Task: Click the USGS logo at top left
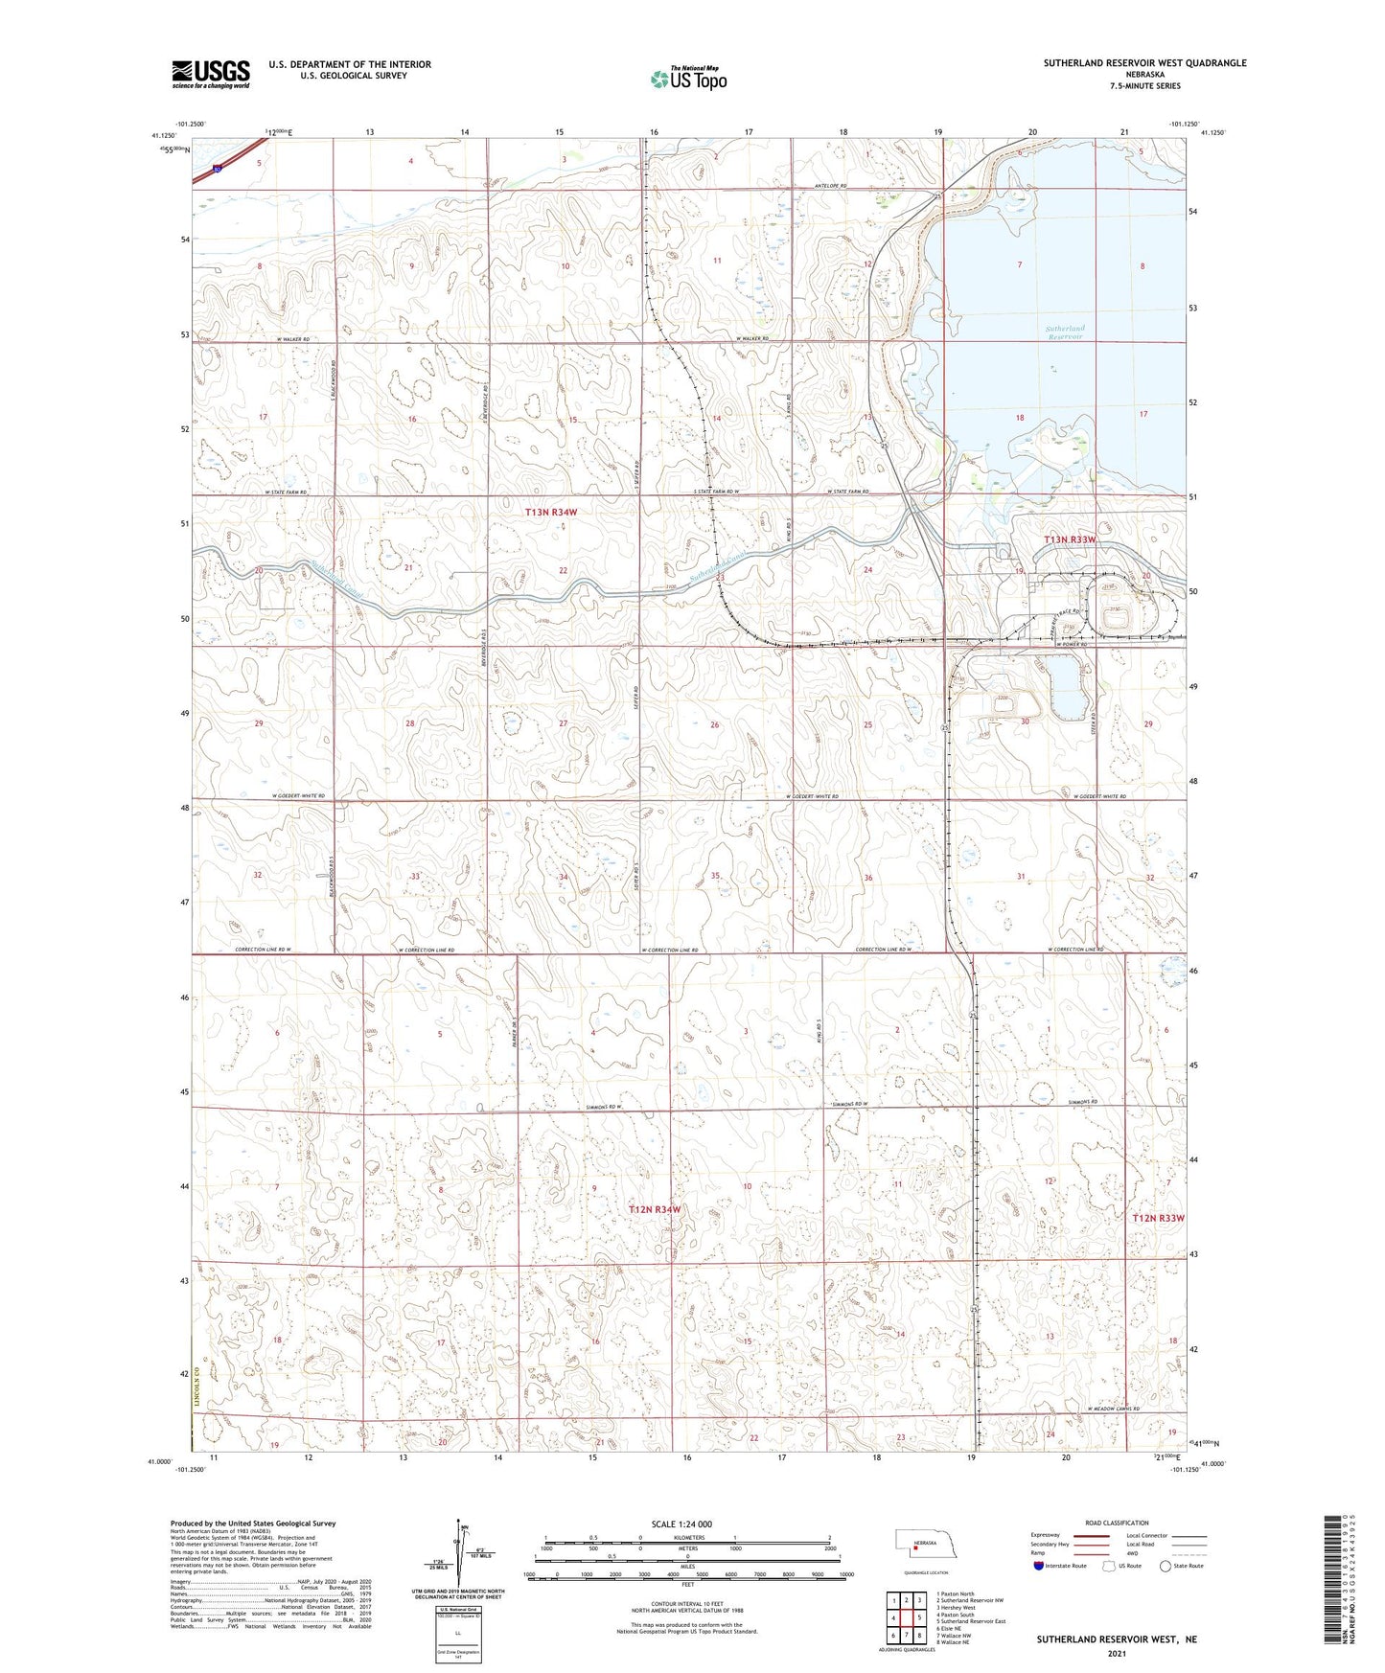211,73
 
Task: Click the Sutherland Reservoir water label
1064,332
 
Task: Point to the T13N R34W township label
551,513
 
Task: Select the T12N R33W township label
1158,1218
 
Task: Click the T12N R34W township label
655,1209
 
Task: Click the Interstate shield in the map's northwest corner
219,170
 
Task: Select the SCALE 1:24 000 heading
681,1524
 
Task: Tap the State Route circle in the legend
1165,1566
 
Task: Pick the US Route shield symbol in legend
1109,1566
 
